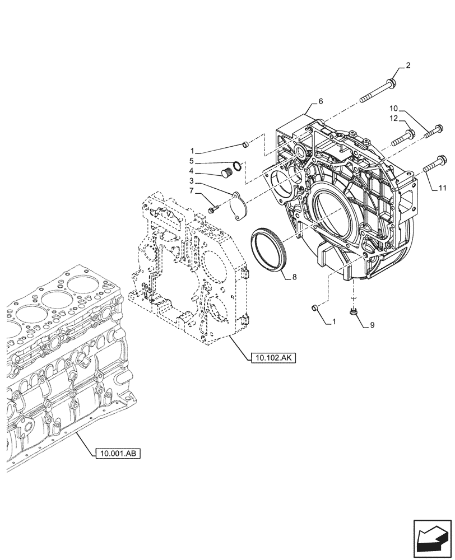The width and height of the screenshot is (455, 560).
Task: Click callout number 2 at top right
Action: click(x=408, y=66)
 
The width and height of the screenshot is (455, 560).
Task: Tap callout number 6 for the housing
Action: click(x=321, y=101)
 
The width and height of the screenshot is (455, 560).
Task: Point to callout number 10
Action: click(x=393, y=108)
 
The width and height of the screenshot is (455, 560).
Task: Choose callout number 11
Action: click(x=442, y=189)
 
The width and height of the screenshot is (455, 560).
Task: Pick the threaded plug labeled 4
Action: click(x=227, y=172)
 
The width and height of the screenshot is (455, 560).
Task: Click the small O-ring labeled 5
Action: click(x=238, y=165)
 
